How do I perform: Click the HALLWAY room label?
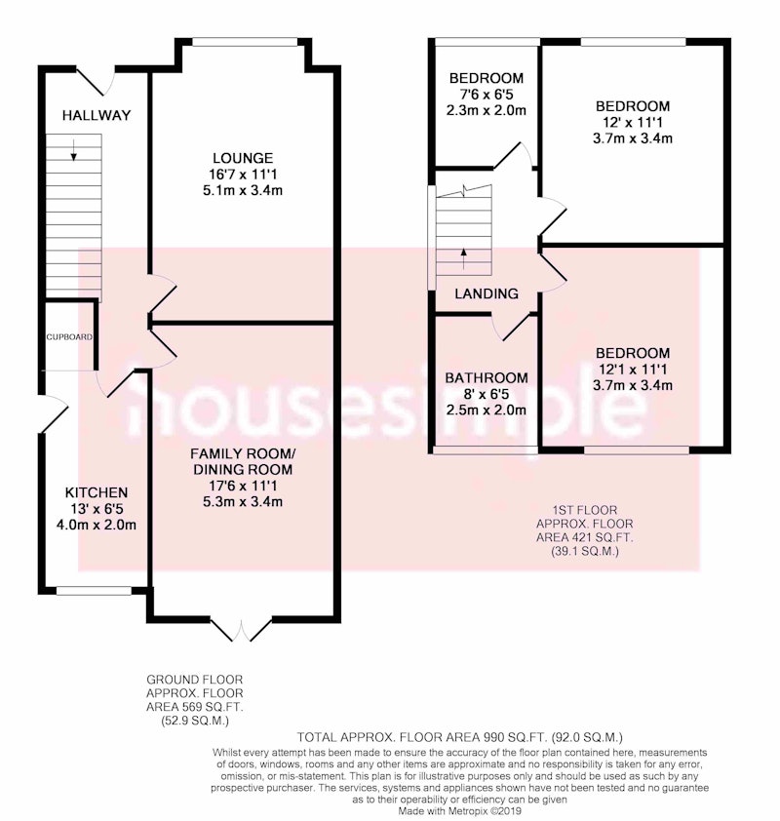coord(97,115)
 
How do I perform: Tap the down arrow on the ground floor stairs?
coord(74,150)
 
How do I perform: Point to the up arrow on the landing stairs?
coord(463,258)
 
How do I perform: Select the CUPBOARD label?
coord(69,337)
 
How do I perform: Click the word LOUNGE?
coord(243,158)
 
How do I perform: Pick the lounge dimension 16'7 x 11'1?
coord(243,174)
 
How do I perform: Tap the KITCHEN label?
coord(97,492)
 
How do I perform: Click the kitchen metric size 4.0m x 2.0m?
coord(97,525)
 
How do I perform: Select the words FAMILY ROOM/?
coord(243,453)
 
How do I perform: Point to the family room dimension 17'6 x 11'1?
coord(243,486)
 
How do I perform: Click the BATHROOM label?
coord(487,377)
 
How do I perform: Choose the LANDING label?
coord(487,293)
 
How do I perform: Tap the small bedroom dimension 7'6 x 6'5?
coord(487,95)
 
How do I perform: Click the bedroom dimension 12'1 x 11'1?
coord(633,370)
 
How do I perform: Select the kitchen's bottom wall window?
coord(94,591)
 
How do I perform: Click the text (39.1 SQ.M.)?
coord(585,551)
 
